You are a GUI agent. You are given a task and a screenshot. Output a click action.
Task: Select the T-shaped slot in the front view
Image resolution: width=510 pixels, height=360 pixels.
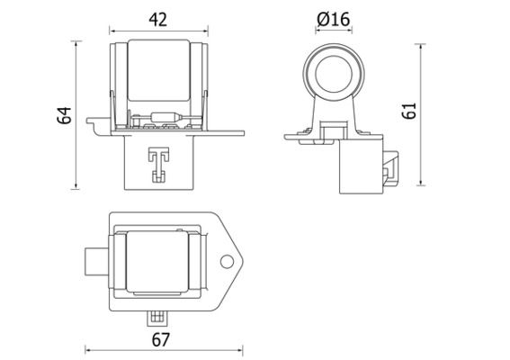(158, 162)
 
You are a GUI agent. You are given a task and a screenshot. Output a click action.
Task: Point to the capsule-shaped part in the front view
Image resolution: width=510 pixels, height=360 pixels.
(167, 117)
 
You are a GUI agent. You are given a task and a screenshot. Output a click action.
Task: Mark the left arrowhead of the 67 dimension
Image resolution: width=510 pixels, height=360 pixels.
(87, 349)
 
